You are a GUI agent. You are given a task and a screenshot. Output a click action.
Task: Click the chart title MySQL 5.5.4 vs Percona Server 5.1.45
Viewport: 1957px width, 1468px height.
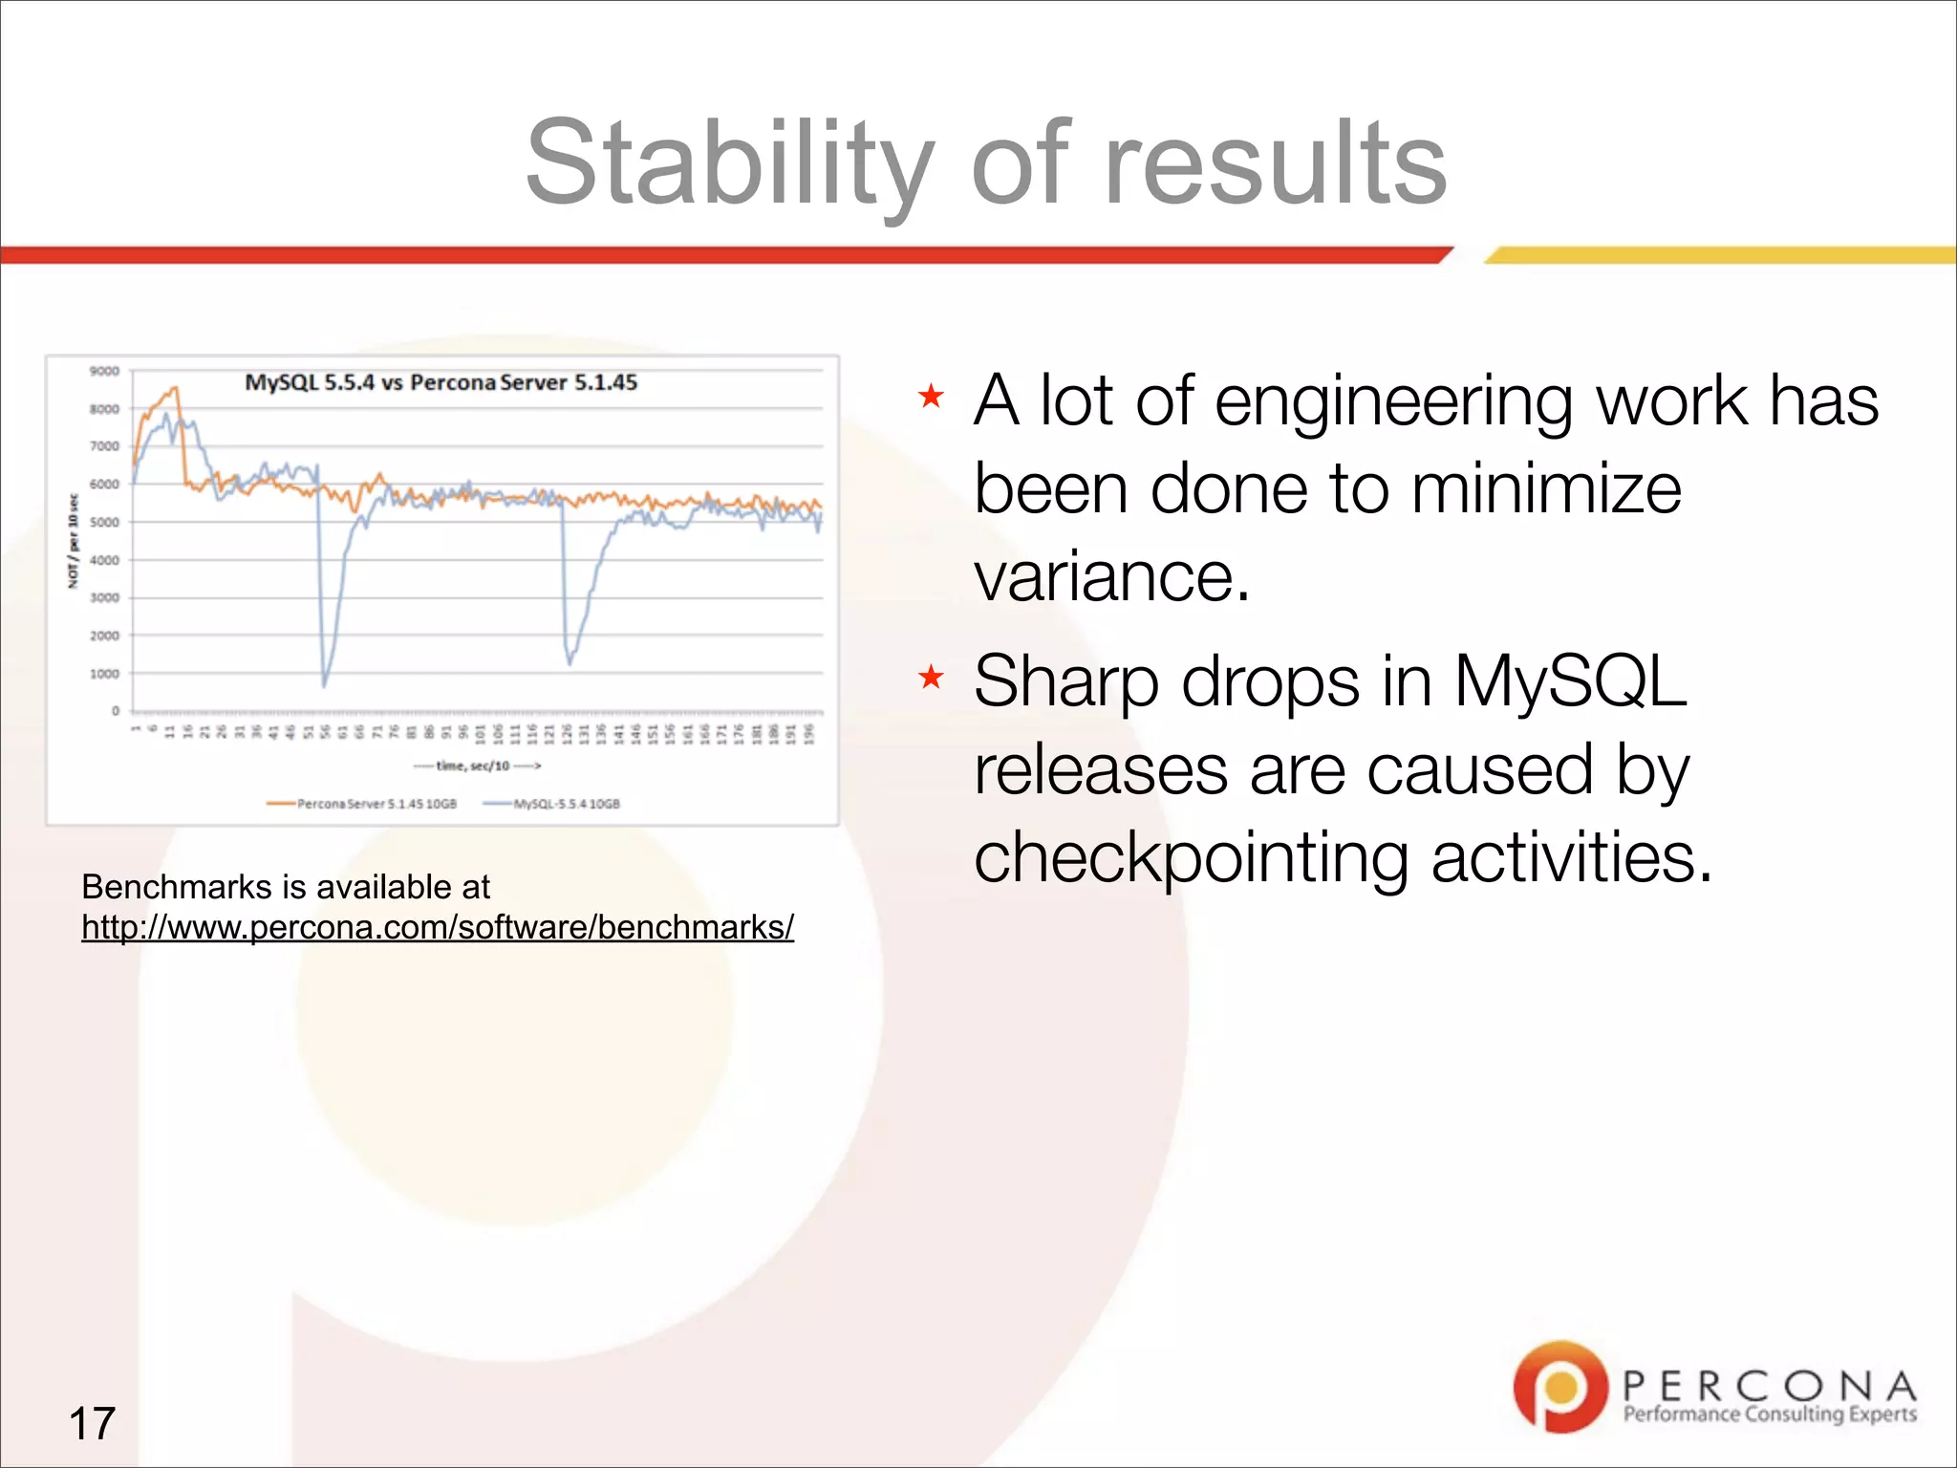441,382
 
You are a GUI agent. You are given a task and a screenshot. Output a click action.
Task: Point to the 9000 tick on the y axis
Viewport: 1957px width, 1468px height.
104,371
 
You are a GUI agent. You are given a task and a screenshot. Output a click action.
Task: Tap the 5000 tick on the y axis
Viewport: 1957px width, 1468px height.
104,523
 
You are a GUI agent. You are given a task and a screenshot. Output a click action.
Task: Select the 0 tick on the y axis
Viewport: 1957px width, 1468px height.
116,711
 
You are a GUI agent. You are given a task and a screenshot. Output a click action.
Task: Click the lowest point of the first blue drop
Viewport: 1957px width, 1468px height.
324,684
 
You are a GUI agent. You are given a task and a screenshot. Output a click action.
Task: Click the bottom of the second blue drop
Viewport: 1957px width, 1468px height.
570,662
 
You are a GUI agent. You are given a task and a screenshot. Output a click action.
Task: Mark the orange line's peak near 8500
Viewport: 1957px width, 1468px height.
175,388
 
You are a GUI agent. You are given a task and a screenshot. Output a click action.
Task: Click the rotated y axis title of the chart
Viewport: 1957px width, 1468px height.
73,541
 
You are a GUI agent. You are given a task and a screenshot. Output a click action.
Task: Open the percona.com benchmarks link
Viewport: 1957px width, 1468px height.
437,928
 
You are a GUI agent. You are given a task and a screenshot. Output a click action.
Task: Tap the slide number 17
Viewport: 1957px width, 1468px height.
92,1423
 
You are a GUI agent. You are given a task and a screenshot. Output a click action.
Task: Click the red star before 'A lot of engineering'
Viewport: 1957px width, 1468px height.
930,396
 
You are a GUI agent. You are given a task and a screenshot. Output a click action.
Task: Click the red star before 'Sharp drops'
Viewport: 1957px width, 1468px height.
930,679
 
